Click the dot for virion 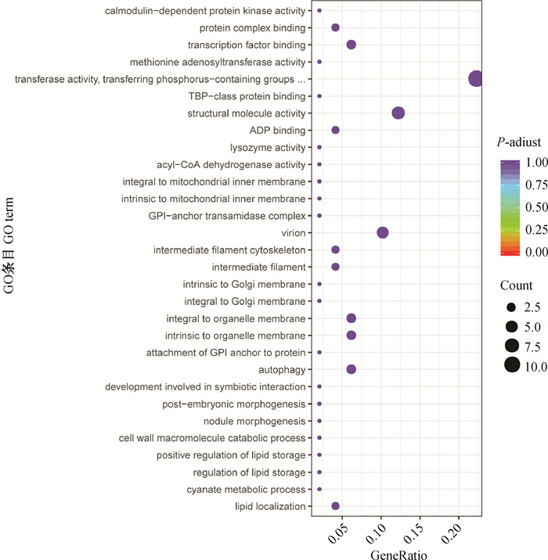point(382,233)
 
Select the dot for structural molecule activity point(398,113)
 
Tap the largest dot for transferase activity point(475,79)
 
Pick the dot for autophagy point(351,369)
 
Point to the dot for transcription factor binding point(351,45)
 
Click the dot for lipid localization point(335,506)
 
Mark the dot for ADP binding point(335,130)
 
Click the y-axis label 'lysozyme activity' point(267,147)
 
